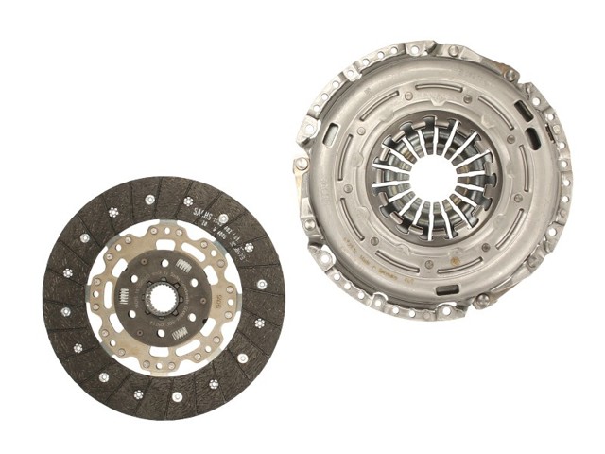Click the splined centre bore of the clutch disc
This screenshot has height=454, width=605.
(x=163, y=300)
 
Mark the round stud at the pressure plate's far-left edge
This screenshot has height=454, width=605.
(x=302, y=163)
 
